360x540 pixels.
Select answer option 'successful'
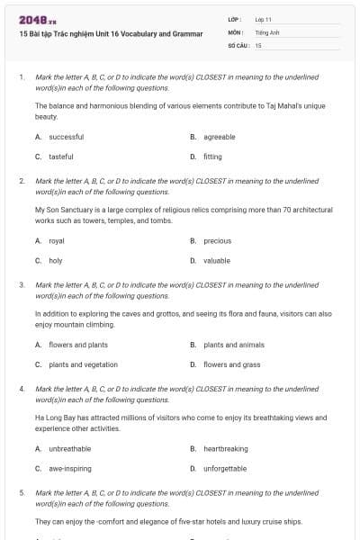pyautogui.click(x=66, y=137)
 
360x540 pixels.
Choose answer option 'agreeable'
pyautogui.click(x=219, y=137)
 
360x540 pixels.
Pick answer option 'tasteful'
pyautogui.click(x=61, y=157)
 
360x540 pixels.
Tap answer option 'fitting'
pyautogui.click(x=212, y=157)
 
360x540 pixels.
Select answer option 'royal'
pyautogui.click(x=57, y=241)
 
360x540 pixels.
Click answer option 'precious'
pyautogui.click(x=217, y=241)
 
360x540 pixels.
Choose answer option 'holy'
pyautogui.click(x=56, y=260)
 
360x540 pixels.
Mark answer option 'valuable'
pyautogui.click(x=217, y=260)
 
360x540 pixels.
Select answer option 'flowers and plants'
pyautogui.click(x=78, y=345)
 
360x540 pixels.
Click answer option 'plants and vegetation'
pyautogui.click(x=83, y=364)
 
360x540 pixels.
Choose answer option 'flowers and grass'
pyautogui.click(x=232, y=364)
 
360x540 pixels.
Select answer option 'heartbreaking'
pyautogui.click(x=225, y=448)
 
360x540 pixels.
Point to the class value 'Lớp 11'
pyautogui.click(x=264, y=19)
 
